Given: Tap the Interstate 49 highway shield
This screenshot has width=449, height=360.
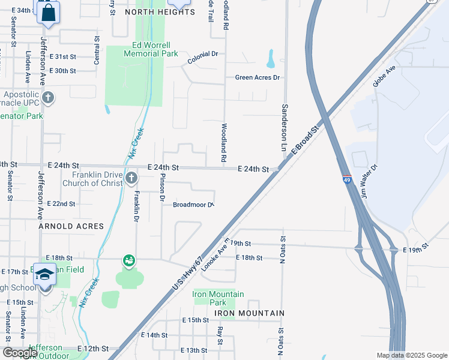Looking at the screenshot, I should coord(347,179).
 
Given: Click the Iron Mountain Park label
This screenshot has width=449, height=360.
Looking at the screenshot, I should coord(218,298).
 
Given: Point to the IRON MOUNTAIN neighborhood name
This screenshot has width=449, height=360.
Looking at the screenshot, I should coord(238,313).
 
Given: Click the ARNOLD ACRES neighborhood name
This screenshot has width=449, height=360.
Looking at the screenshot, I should coord(71,226).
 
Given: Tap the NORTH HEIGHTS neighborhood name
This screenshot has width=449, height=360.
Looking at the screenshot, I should coord(152,11).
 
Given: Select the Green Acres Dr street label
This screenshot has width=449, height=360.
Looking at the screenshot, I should coord(258,77).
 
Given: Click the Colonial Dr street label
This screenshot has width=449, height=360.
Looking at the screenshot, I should coord(202,58).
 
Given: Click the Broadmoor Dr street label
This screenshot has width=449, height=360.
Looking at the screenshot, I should coord(193,205).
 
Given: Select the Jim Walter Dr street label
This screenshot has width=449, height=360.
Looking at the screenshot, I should coord(368,182).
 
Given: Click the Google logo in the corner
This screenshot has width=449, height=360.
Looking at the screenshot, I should coord(19,353).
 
